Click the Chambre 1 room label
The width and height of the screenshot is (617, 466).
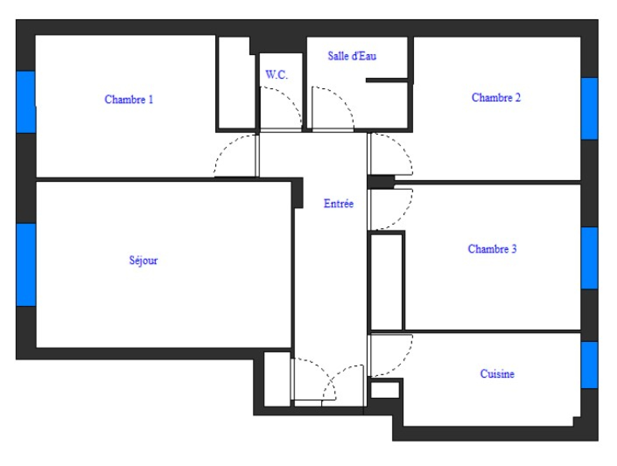click(x=129, y=99)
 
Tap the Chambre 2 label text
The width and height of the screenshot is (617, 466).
click(x=496, y=98)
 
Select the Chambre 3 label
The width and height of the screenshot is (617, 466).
click(x=492, y=249)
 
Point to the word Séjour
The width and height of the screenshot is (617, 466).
click(x=143, y=261)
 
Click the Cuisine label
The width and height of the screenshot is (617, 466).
click(x=497, y=373)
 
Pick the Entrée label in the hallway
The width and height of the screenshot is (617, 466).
click(x=339, y=204)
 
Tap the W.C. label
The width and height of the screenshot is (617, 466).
click(x=276, y=75)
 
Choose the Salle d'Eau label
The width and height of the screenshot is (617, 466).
click(x=352, y=56)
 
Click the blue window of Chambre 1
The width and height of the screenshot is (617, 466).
click(x=26, y=102)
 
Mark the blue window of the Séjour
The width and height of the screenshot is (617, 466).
click(x=26, y=264)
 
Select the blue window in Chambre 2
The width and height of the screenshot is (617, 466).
click(x=589, y=108)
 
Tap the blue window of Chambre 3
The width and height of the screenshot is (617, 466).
click(x=589, y=258)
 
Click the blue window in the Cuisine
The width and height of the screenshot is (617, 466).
click(x=589, y=365)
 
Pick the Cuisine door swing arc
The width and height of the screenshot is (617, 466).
click(x=402, y=362)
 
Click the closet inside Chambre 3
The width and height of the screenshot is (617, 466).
click(x=386, y=281)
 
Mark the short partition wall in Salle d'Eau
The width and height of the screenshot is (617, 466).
click(x=387, y=80)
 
